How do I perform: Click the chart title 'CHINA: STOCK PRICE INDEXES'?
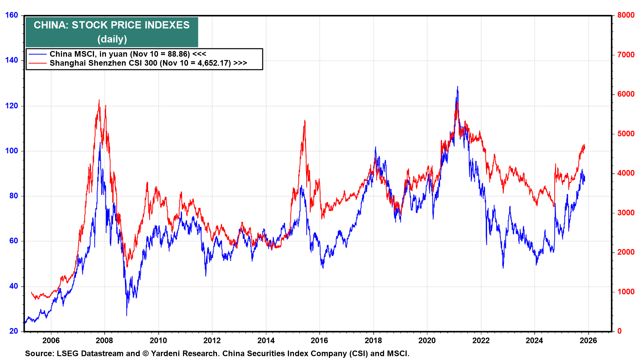tap(112, 25)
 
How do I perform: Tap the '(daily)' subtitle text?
tap(112, 39)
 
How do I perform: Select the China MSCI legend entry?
tap(128, 54)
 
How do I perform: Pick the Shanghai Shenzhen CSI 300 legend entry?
tap(148, 63)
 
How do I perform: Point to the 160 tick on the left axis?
tap(12, 15)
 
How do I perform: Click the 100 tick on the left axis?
tap(12, 151)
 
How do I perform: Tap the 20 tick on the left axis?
tap(14, 331)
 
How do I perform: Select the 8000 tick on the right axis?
tap(626, 15)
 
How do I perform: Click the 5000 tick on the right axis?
tap(626, 134)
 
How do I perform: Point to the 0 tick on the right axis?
tap(619, 331)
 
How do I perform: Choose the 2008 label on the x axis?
tap(104, 340)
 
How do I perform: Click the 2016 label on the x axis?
tap(319, 340)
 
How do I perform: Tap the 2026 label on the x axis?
tap(588, 340)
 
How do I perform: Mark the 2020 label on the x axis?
tap(427, 340)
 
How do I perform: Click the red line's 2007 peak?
tap(99, 100)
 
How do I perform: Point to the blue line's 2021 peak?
tap(457, 86)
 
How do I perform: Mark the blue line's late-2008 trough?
tap(127, 315)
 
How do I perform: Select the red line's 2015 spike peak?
tap(305, 120)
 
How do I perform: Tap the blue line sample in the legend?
tap(37, 54)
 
